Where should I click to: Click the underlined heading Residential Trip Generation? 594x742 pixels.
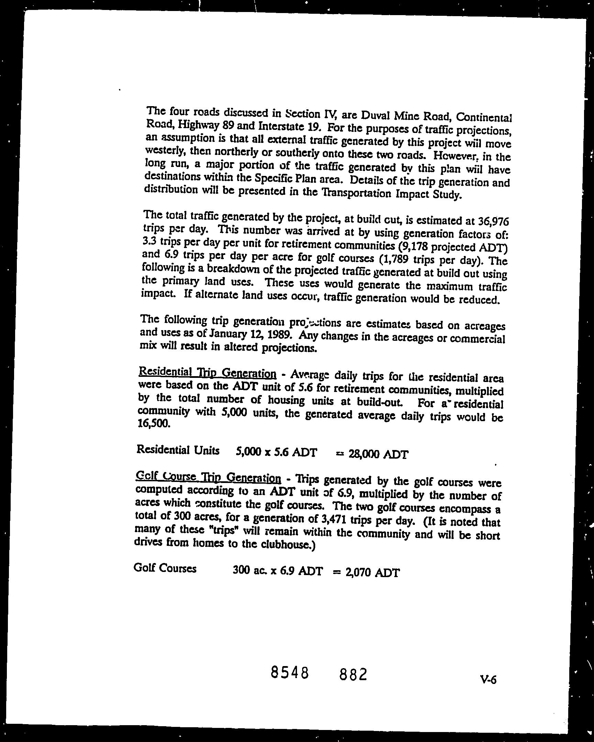[207, 372]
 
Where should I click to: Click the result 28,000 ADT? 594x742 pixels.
[378, 454]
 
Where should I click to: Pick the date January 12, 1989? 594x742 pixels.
[251, 334]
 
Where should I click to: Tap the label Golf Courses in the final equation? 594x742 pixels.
[165, 568]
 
